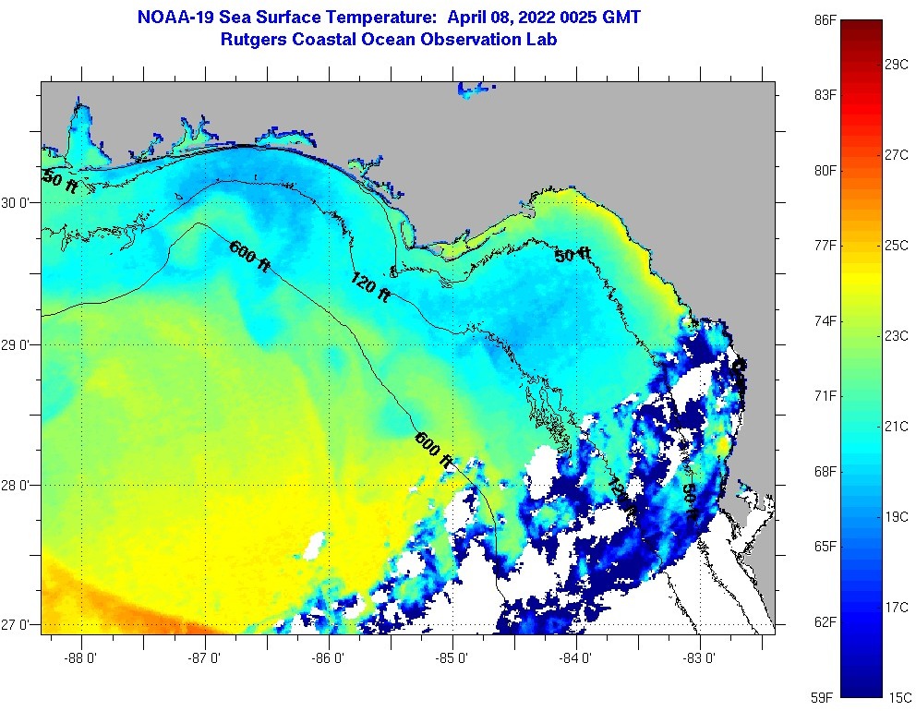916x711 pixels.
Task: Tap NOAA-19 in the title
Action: [175, 18]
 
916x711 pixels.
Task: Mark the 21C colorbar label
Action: [897, 426]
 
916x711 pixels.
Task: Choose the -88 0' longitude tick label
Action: [82, 658]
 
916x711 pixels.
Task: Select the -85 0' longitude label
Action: [453, 658]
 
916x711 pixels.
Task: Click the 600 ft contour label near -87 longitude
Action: [249, 256]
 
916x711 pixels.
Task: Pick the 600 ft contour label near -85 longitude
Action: [434, 449]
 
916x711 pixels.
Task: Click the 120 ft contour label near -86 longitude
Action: [370, 287]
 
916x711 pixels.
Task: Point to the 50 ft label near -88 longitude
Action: [60, 182]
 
